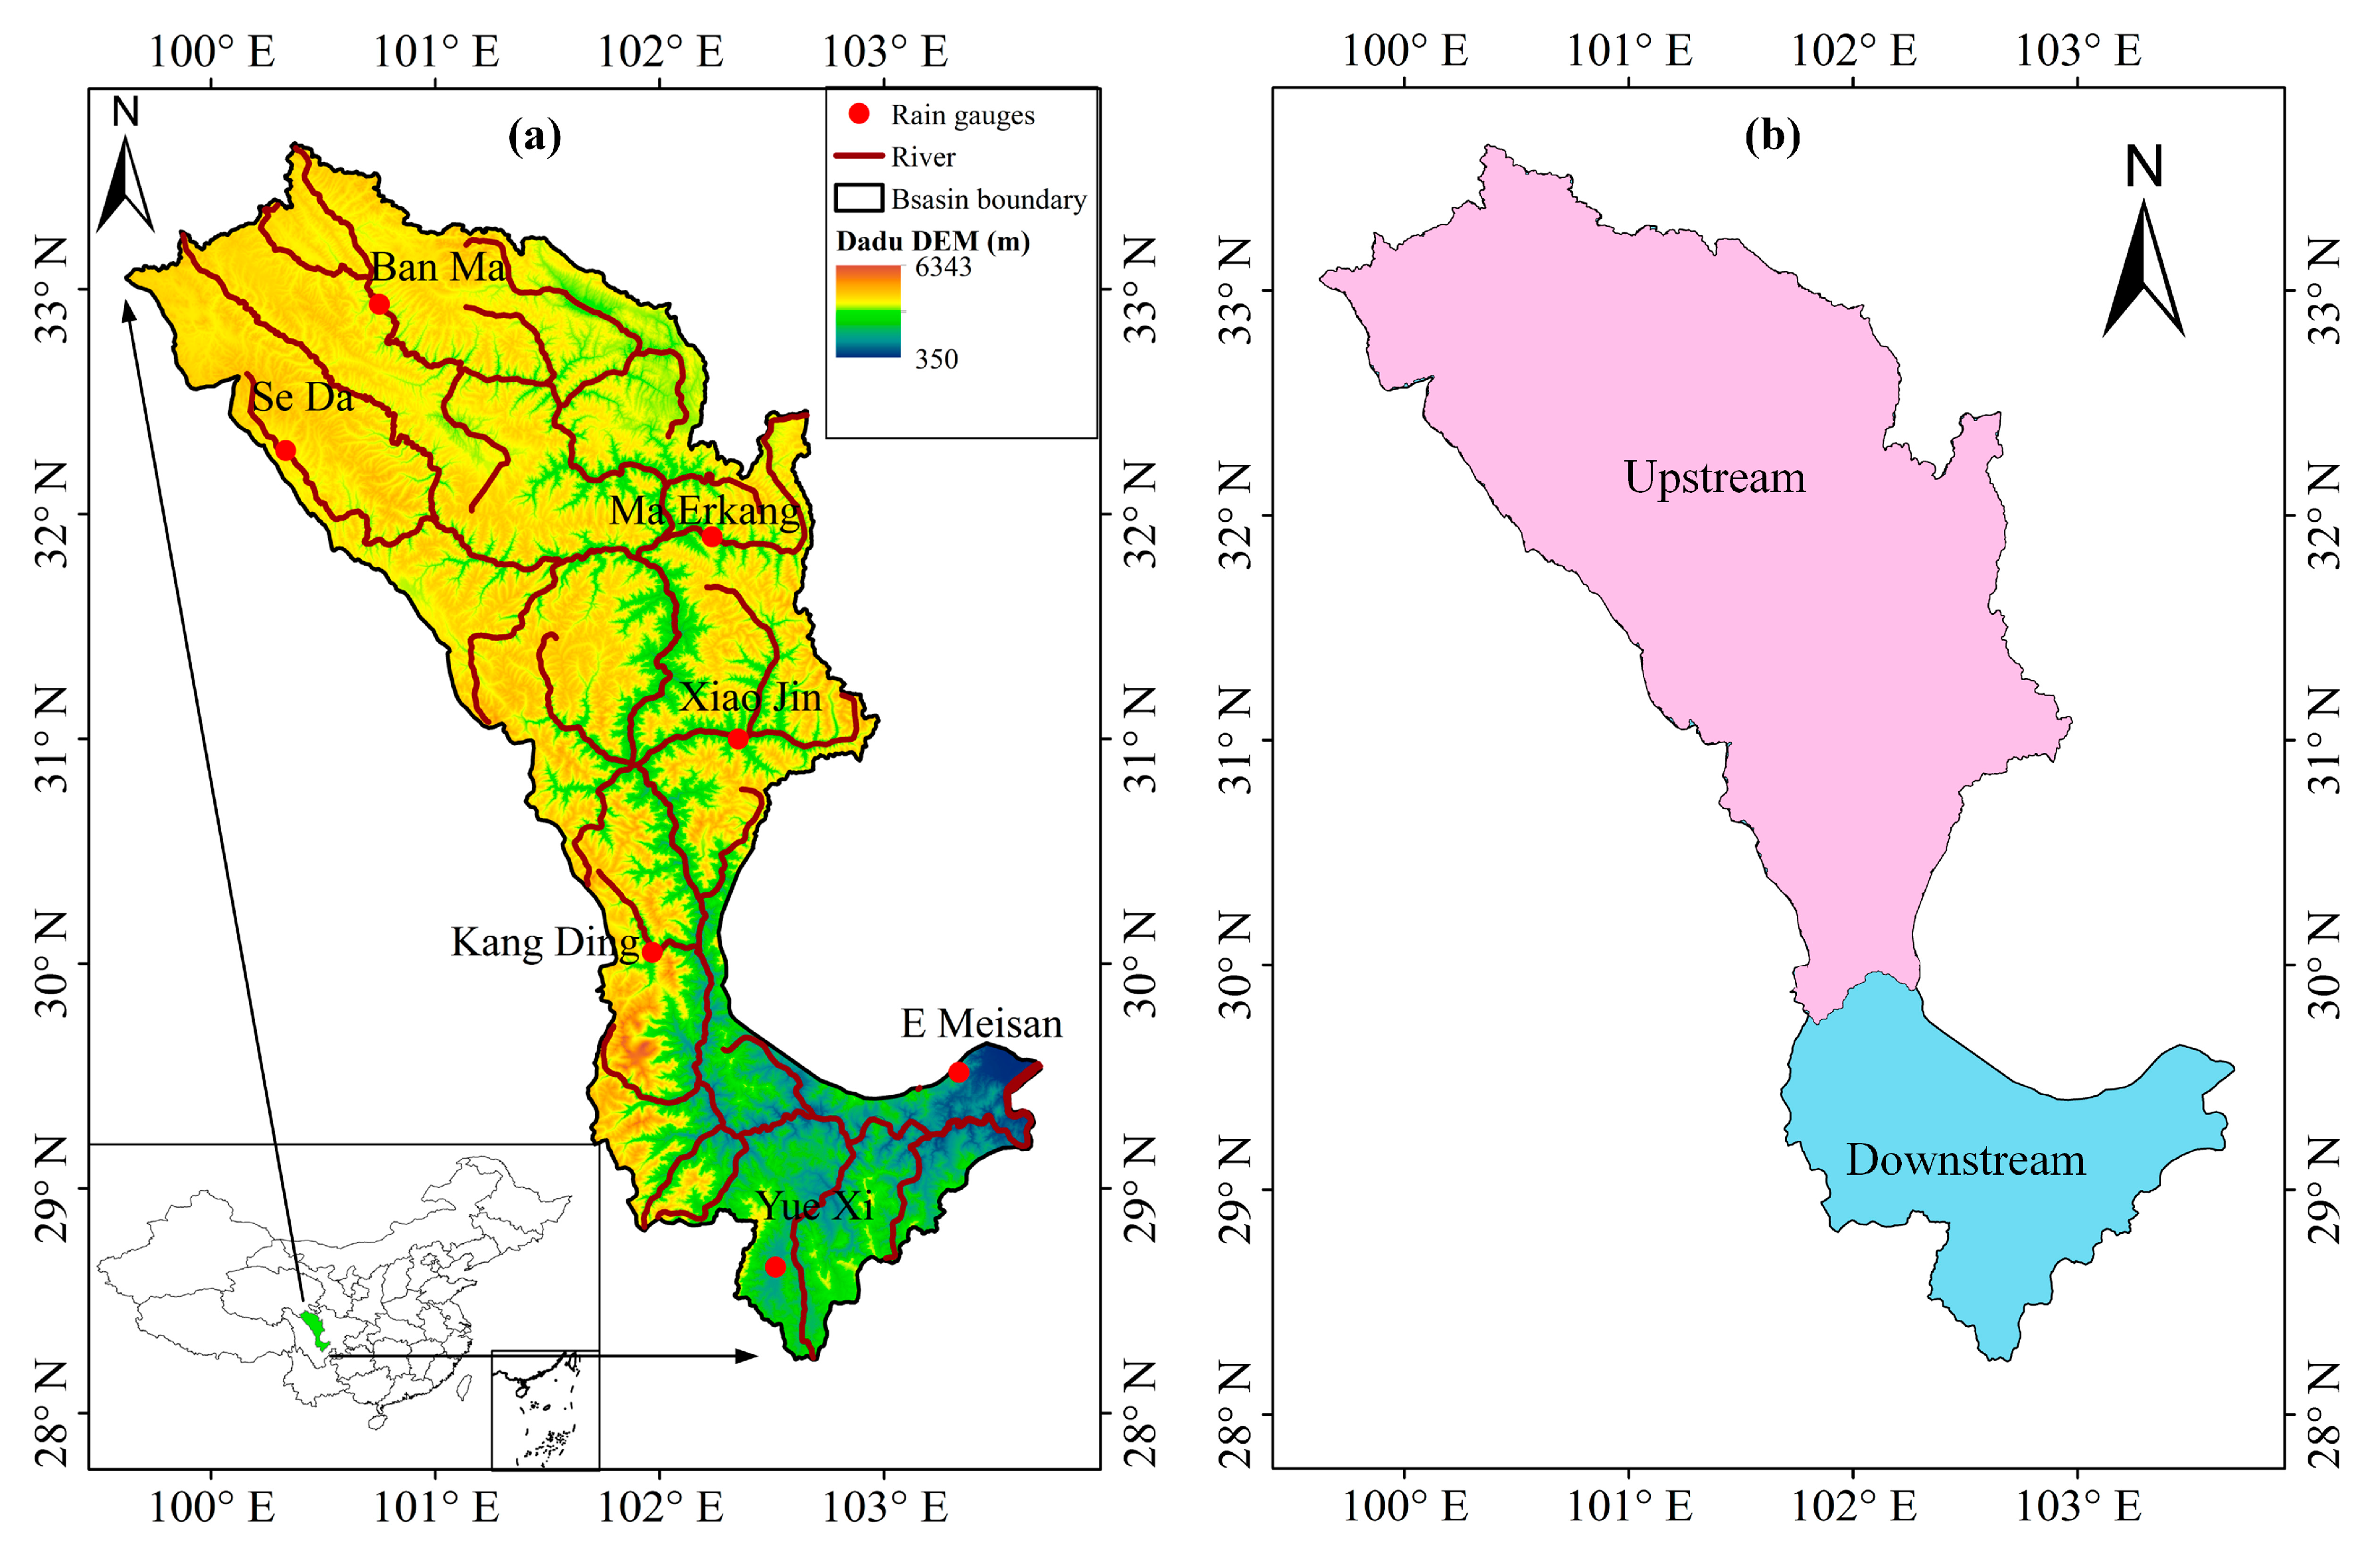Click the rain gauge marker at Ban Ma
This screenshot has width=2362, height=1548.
379,303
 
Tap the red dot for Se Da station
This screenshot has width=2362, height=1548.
286,450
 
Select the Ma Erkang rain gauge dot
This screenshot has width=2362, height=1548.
712,537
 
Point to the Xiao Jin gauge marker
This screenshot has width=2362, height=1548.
737,738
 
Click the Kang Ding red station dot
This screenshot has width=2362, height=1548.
652,952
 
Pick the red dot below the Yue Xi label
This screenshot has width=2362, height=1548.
775,1267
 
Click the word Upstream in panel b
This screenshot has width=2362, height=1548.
1714,478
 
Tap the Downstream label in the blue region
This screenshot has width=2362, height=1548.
1965,1160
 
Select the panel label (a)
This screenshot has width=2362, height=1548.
534,135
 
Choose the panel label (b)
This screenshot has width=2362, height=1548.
1772,135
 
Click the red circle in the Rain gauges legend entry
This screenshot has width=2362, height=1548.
859,114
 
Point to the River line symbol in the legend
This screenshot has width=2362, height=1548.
859,156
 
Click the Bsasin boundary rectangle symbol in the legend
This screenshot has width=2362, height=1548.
859,199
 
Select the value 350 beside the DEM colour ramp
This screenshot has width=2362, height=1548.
936,359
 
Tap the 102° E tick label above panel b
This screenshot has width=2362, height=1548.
1853,50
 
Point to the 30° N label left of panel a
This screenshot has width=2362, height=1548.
52,964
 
